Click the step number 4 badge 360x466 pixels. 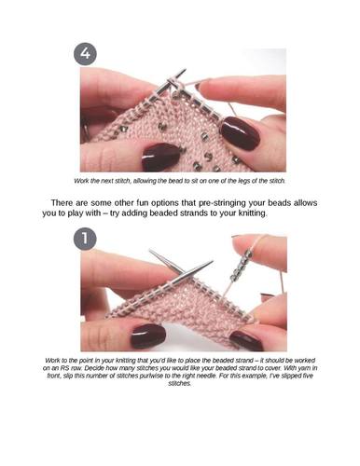[x=85, y=53]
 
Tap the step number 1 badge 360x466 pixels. [x=85, y=238]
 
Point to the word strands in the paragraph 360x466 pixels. [x=196, y=213]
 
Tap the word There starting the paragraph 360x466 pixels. [x=62, y=203]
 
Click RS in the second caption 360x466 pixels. [x=61, y=368]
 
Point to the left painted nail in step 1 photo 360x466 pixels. [x=148, y=336]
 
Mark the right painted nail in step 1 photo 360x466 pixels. [x=246, y=340]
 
